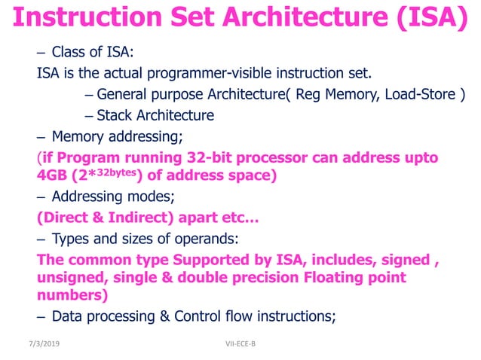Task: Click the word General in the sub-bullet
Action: point(124,95)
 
